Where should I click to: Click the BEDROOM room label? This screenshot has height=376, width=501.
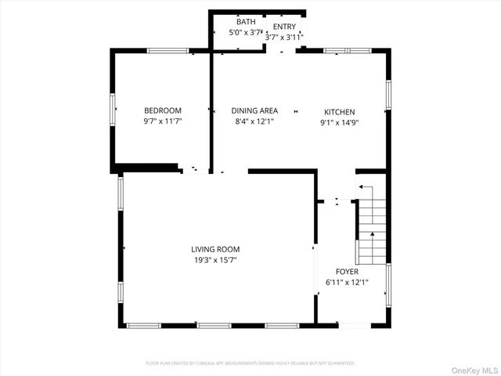tap(162, 110)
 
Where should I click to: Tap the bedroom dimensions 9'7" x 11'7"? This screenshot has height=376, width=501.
tap(162, 122)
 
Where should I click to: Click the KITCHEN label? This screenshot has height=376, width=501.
tap(340, 111)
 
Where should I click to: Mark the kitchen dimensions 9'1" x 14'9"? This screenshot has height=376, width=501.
tap(340, 122)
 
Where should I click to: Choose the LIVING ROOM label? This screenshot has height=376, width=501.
tap(215, 249)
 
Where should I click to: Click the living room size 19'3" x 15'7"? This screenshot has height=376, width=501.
tap(215, 260)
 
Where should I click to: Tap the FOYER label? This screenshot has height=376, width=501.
tap(347, 271)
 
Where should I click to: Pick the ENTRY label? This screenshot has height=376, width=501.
tap(284, 26)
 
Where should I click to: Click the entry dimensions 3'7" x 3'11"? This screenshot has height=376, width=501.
tap(284, 37)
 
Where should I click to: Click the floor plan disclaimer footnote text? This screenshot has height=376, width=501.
tap(250, 363)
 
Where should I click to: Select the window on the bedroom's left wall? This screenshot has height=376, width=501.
tap(114, 110)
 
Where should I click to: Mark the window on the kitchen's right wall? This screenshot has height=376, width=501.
tap(387, 94)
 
